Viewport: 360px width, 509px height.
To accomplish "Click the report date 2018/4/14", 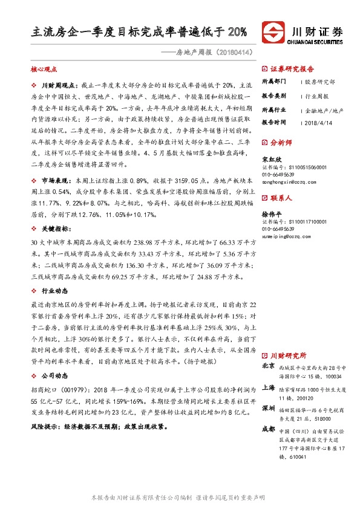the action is pyautogui.click(x=317, y=122).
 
